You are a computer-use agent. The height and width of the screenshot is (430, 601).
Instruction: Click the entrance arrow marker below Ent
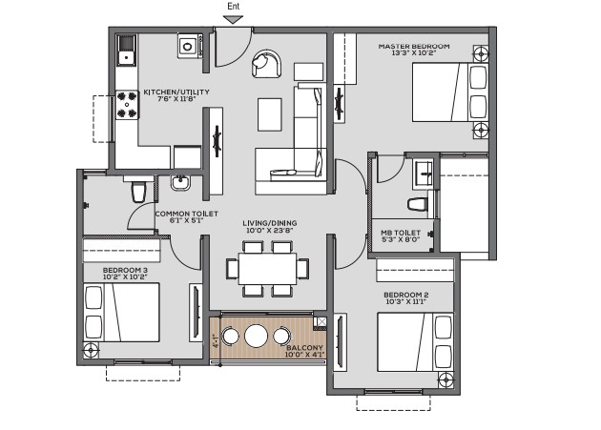tap(233, 19)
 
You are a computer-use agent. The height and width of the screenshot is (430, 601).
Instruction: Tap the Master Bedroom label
tap(414, 47)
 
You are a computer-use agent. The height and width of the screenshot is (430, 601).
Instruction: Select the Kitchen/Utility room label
tap(176, 92)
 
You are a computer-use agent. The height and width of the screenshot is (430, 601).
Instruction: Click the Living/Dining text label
tap(269, 223)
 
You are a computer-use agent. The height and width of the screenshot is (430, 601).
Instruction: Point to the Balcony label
tap(304, 348)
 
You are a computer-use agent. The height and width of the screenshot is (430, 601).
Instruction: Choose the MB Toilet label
tap(401, 233)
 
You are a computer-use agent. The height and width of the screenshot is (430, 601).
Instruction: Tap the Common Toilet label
tap(186, 214)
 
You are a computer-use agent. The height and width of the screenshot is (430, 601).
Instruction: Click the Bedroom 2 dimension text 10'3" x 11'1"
tap(405, 301)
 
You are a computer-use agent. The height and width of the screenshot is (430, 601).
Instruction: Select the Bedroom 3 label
tap(125, 270)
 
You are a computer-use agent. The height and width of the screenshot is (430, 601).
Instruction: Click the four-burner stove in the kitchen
tap(127, 105)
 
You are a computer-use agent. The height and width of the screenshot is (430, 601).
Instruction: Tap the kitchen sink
tap(126, 51)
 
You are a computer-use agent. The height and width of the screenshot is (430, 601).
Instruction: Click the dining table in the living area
tap(267, 268)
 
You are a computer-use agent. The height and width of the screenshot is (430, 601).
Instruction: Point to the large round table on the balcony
tap(256, 336)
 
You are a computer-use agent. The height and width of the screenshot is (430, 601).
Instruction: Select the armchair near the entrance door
tap(267, 63)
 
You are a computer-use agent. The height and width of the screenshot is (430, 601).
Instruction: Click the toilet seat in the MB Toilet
tap(418, 204)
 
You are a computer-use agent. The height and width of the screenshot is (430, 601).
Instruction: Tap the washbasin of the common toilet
tap(180, 182)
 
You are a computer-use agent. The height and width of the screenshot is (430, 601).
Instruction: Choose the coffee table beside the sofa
tap(270, 114)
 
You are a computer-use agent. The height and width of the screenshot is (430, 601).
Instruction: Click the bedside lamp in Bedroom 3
tap(91, 350)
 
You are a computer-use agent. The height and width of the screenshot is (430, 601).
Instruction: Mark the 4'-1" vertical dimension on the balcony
tap(216, 341)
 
